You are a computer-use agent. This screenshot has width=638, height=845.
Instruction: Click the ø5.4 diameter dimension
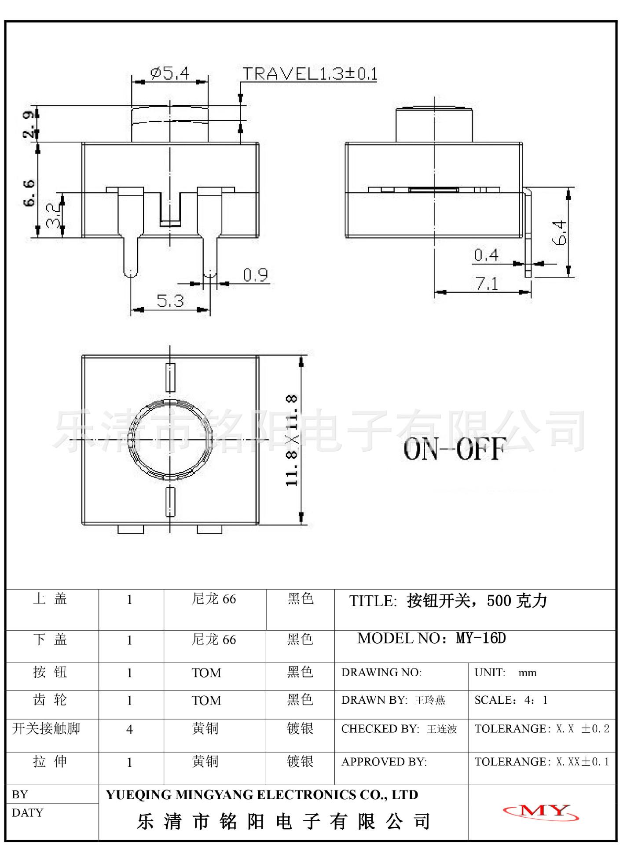(169, 73)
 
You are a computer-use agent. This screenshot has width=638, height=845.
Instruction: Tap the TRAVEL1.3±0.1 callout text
(310, 73)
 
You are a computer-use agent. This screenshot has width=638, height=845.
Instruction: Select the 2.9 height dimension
(29, 125)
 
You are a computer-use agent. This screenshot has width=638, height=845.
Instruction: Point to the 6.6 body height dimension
(29, 193)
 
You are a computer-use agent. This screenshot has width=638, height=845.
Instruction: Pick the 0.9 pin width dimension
(255, 275)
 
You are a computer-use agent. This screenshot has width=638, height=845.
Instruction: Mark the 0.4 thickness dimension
(486, 255)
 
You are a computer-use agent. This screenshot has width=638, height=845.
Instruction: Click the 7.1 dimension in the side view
(487, 284)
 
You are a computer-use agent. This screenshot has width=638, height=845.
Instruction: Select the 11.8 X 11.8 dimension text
(292, 440)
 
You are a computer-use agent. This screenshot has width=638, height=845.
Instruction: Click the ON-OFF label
(454, 450)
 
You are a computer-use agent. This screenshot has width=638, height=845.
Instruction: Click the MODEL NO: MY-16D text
(431, 638)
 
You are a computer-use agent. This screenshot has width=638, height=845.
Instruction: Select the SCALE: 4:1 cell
(511, 700)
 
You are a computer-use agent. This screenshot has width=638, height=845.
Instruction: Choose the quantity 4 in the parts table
(129, 730)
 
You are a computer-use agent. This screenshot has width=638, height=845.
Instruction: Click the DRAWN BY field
(393, 700)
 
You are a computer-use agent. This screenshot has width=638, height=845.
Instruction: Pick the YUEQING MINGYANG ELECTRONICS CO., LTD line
(262, 795)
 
